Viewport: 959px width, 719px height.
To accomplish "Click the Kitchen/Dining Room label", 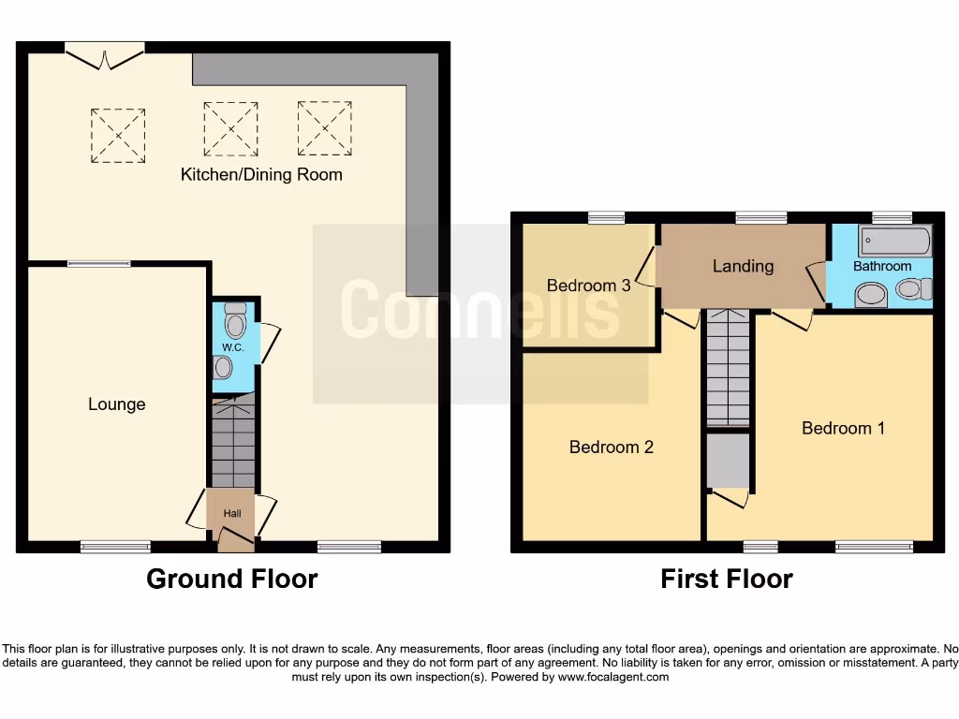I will (261, 174).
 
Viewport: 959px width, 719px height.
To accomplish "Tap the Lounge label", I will (117, 404).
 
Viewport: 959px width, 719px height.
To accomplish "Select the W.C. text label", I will (232, 348).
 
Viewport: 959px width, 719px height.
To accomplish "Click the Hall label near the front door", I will (231, 513).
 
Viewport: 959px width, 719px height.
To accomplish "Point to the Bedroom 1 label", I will (843, 428).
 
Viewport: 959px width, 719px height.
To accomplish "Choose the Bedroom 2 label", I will (611, 447).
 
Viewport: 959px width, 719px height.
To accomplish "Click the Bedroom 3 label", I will (588, 286).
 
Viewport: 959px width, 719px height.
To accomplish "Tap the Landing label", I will (743, 266).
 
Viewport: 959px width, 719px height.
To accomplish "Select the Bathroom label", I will (881, 267).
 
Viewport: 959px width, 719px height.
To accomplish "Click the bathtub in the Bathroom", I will (896, 242).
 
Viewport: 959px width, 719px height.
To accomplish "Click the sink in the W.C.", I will (222, 368).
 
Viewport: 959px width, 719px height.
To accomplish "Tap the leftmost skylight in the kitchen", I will (118, 136).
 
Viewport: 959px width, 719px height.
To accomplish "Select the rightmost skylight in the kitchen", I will (325, 128).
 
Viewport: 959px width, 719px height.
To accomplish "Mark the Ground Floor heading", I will (231, 579).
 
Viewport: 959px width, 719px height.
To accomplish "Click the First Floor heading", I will (726, 579).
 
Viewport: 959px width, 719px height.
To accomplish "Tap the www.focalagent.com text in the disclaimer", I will (614, 677).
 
